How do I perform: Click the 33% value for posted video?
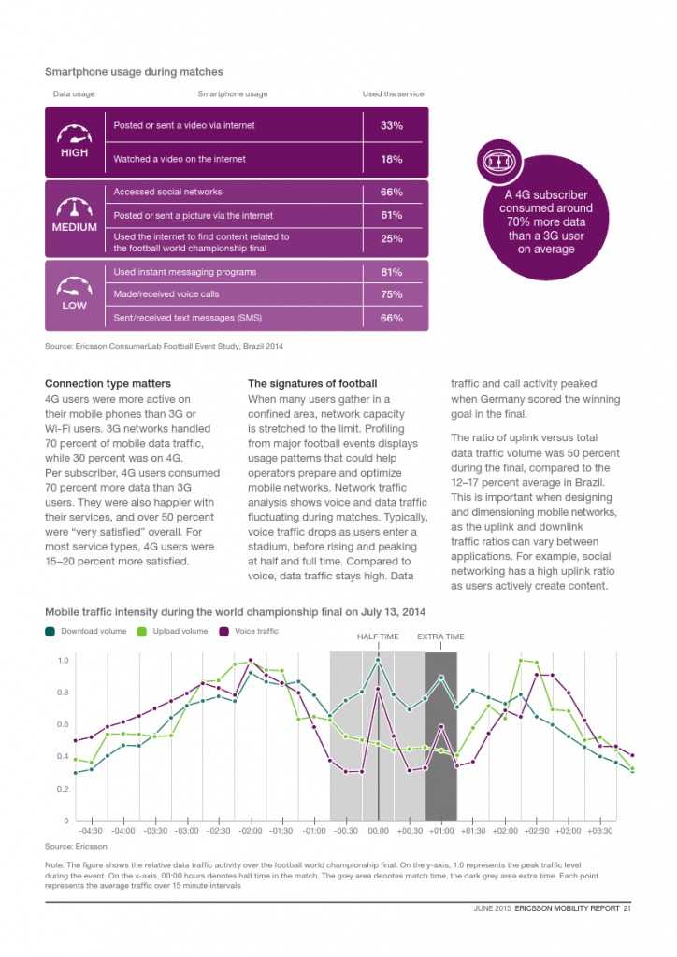391,125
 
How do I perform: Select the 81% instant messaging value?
391,272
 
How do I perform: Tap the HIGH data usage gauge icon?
74,135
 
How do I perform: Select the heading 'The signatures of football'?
312,383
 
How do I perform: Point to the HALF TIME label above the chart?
378,636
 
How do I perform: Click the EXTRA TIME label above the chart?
440,636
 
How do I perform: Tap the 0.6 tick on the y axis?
63,724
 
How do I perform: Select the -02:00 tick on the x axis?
251,830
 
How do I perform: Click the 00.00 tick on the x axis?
378,830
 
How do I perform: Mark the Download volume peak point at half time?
378,660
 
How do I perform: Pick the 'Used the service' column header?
393,93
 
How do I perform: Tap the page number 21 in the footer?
628,910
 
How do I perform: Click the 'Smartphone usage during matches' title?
134,71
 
